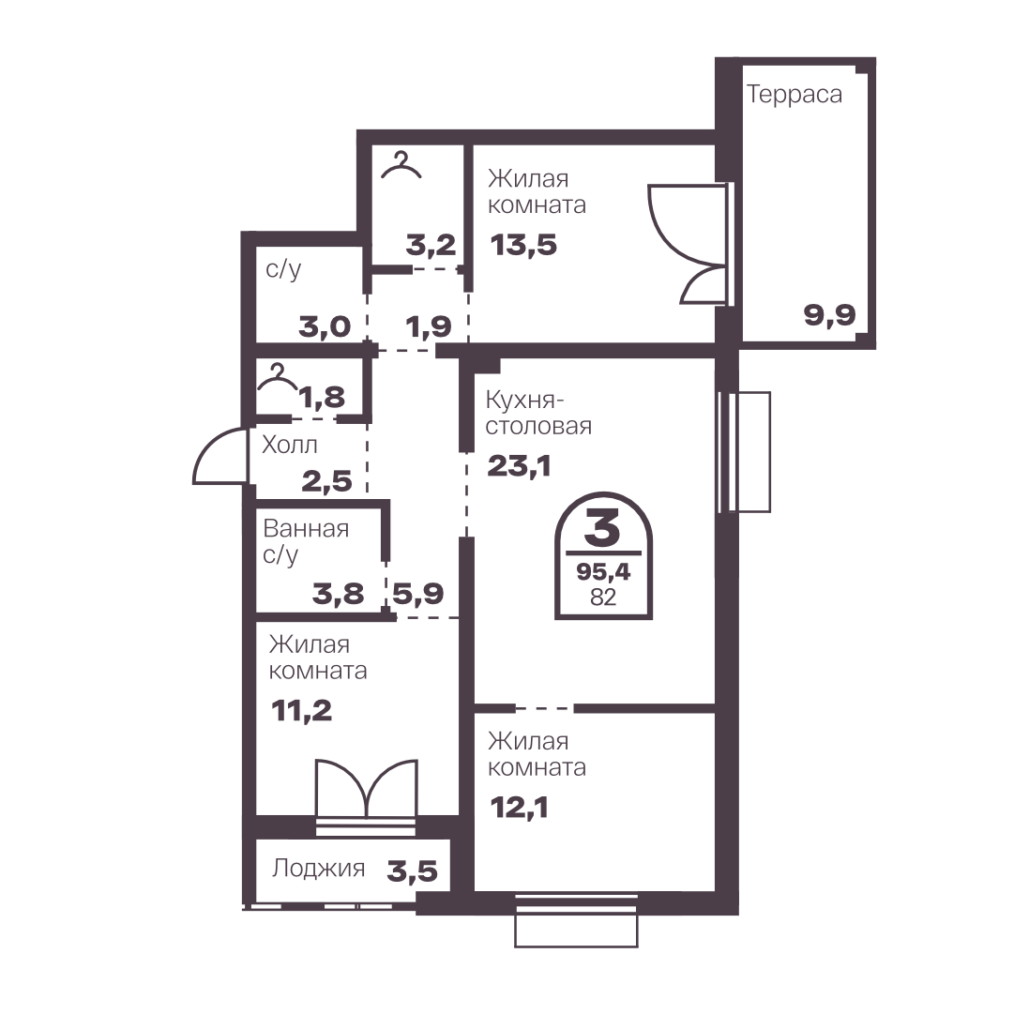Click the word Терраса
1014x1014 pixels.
click(795, 95)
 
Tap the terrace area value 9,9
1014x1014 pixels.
click(830, 315)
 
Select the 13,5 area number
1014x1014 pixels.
click(523, 246)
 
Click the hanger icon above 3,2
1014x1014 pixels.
click(401, 164)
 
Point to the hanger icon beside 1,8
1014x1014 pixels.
click(278, 378)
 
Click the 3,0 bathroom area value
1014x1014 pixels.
click(325, 327)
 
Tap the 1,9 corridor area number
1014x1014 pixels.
click(429, 327)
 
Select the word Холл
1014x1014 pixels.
click(290, 445)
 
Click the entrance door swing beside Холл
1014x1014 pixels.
click(220, 456)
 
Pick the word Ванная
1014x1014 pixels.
click(306, 529)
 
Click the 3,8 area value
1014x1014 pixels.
click(339, 594)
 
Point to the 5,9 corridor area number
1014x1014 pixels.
click(418, 594)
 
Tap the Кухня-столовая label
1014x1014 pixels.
click(538, 414)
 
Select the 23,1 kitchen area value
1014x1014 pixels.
click(519, 466)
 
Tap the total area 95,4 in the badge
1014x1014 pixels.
click(603, 571)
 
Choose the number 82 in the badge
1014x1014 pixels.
click(603, 597)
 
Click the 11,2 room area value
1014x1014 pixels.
click(301, 711)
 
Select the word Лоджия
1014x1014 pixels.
click(318, 869)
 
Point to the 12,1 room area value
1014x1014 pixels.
click(520, 808)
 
